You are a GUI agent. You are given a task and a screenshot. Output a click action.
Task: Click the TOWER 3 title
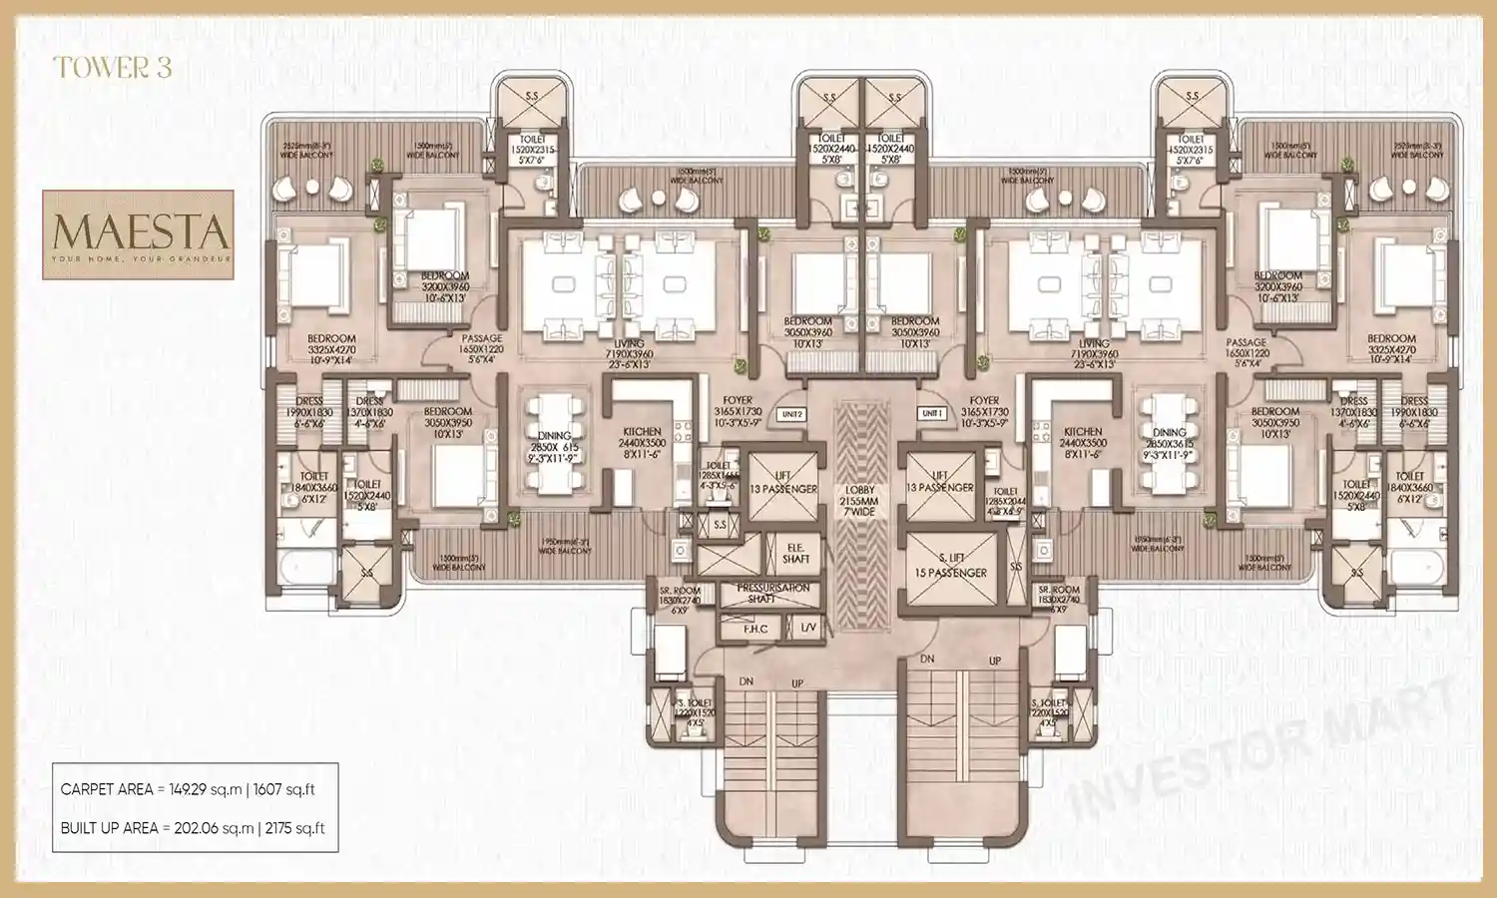[x=113, y=68]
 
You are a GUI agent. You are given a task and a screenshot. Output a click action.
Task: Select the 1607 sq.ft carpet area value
[x=283, y=789]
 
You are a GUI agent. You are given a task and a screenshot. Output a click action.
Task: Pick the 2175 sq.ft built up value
[x=294, y=828]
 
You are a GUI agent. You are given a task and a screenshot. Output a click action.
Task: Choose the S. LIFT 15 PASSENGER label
[x=950, y=565]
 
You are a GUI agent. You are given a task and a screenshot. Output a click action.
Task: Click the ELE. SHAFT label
[x=795, y=554]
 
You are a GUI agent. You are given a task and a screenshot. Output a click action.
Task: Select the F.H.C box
[x=755, y=629]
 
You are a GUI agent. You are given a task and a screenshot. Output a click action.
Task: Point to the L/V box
[x=806, y=629]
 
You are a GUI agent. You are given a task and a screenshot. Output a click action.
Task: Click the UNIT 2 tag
[x=792, y=414]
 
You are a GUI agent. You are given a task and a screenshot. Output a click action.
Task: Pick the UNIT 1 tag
[x=932, y=413]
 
